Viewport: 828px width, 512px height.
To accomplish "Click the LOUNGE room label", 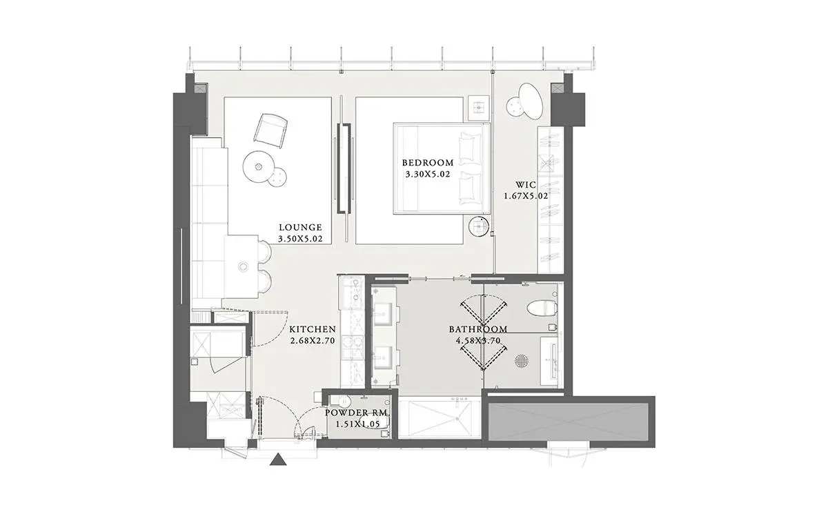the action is point(300,227).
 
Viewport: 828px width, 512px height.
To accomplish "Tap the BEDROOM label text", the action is point(428,163).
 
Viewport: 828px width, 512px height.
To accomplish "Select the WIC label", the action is point(526,184).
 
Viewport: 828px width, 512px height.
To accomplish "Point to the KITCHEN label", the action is point(313,329).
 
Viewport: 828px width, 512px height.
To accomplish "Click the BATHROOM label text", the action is point(478,329).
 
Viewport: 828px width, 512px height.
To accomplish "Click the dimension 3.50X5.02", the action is point(300,239).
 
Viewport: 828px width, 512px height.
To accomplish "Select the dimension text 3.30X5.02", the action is point(428,175).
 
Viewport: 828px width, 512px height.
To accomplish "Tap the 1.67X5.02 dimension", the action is point(526,196).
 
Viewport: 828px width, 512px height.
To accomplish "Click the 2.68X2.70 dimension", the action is point(313,340).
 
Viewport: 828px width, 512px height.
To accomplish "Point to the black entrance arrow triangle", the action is point(278,460).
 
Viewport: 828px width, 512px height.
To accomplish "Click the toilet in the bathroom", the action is point(542,308).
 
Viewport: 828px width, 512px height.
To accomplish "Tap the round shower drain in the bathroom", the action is point(521,361).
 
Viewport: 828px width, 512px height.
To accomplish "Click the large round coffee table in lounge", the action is point(258,166).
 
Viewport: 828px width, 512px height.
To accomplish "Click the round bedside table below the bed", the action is point(479,226).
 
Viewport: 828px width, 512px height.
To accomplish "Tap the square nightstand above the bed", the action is point(479,108).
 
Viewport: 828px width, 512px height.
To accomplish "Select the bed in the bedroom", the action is point(442,168).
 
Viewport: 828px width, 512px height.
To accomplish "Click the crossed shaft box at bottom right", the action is point(569,422).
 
